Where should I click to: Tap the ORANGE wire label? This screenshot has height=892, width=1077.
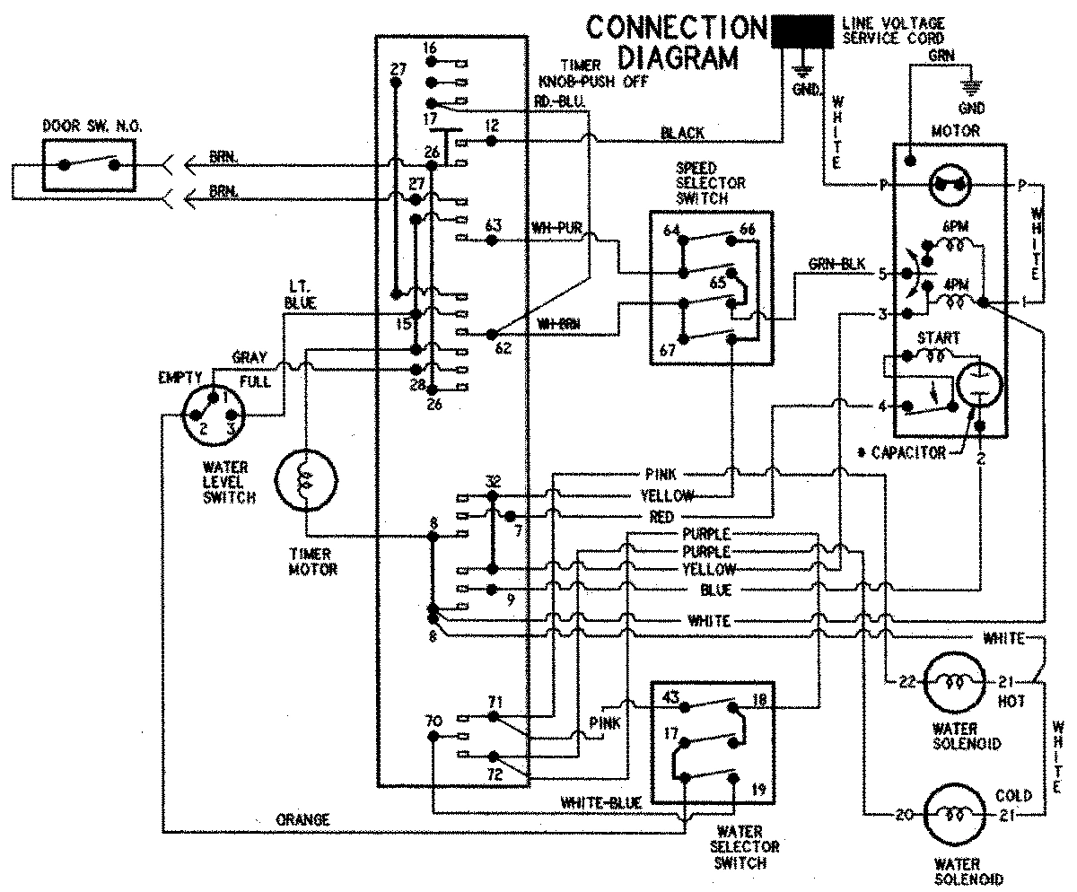coord(302,819)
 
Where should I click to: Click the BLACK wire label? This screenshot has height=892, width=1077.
coord(681,133)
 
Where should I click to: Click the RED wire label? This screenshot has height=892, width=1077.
coord(661,517)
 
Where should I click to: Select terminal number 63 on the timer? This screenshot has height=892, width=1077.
coord(492,223)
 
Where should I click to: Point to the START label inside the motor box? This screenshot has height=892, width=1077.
coord(937,338)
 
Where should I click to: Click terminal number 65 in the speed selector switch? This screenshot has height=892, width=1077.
coord(718,282)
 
